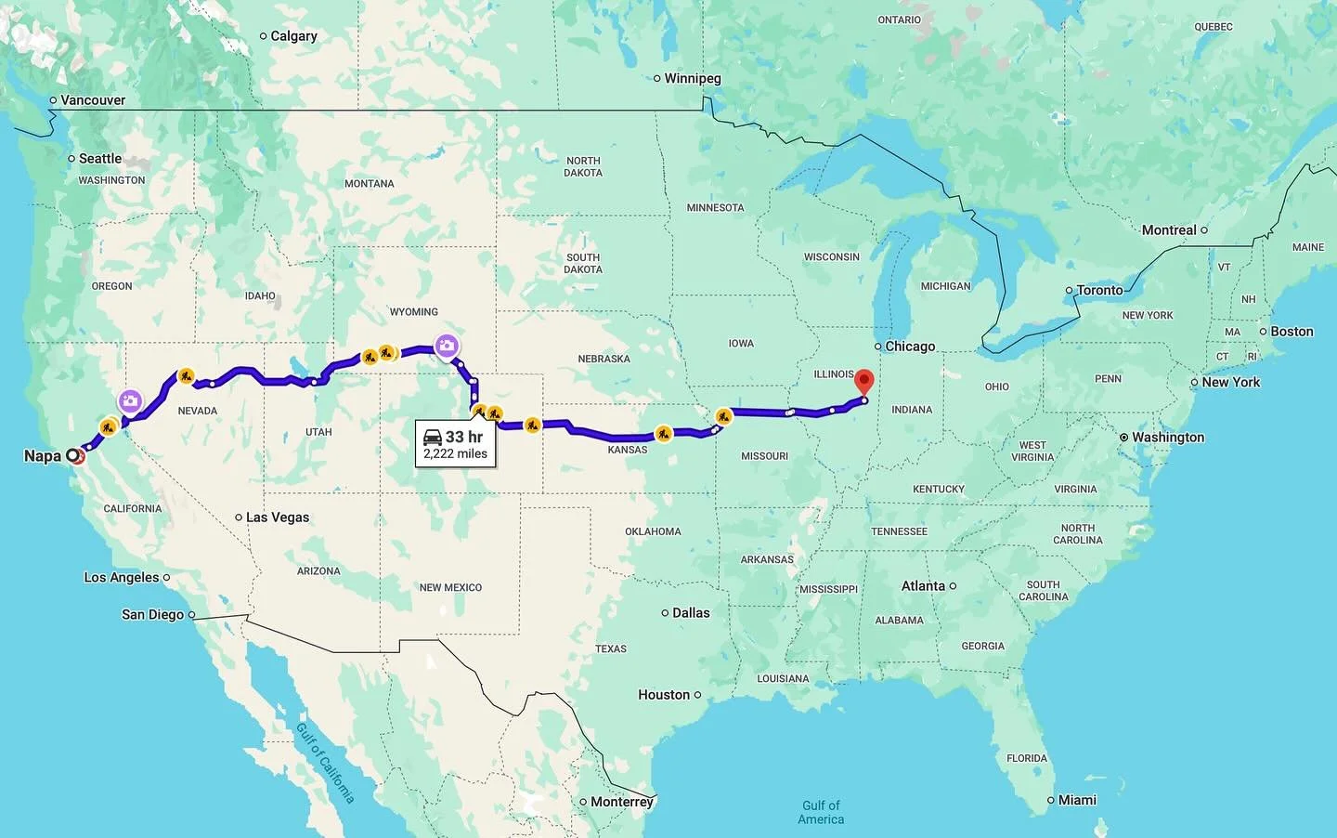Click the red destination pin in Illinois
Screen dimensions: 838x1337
864,381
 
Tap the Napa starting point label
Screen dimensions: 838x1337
43,455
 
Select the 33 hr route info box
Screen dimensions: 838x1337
455,444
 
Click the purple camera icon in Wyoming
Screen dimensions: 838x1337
447,347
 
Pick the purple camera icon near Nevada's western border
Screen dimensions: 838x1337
130,401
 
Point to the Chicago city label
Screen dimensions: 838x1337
909,347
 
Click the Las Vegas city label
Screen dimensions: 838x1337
277,517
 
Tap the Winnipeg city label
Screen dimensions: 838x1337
692,79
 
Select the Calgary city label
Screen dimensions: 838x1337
293,36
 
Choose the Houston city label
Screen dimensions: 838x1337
664,695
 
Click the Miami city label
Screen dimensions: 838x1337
1077,800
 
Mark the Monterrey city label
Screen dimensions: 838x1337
621,802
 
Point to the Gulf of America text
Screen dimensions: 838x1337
821,812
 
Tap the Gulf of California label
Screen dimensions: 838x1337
325,762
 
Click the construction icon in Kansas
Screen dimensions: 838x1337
663,433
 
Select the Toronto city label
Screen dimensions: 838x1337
1099,290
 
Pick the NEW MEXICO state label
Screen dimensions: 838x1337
450,587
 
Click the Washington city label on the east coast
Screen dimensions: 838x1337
1167,438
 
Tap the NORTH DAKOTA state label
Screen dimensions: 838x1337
583,166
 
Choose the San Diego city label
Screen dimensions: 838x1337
152,614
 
